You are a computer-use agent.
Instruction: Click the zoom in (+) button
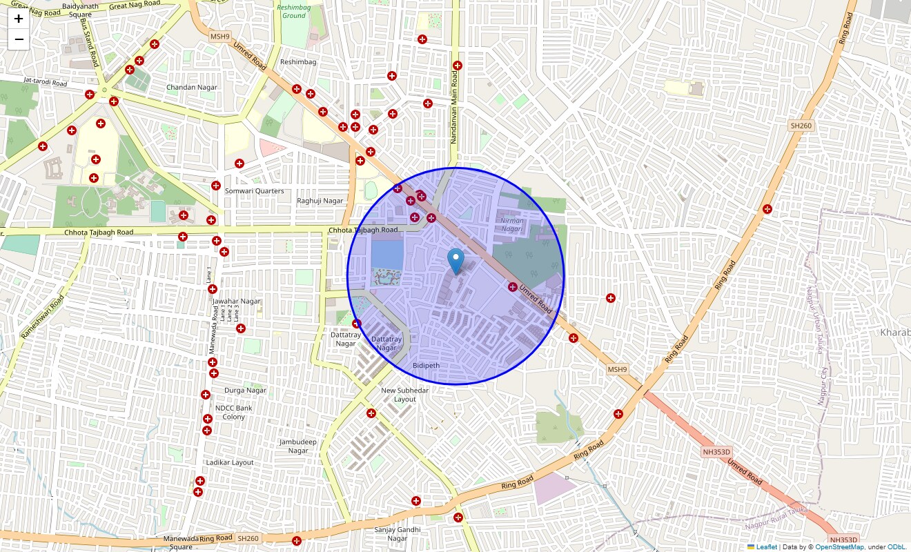click(19, 19)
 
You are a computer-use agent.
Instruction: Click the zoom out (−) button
click(19, 39)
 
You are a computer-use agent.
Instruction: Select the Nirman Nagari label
click(511, 224)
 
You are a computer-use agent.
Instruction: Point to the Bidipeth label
click(426, 365)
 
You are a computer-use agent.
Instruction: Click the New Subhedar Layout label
click(404, 395)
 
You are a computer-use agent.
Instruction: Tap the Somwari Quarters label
click(254, 191)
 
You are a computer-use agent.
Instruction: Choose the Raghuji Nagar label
click(320, 201)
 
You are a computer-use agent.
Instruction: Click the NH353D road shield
click(716, 452)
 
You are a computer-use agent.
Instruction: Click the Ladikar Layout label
click(230, 462)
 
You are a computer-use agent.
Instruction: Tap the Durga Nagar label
click(245, 390)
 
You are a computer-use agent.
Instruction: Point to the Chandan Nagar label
click(192, 88)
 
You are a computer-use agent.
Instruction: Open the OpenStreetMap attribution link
click(839, 546)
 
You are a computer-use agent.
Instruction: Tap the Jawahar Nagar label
click(237, 302)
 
